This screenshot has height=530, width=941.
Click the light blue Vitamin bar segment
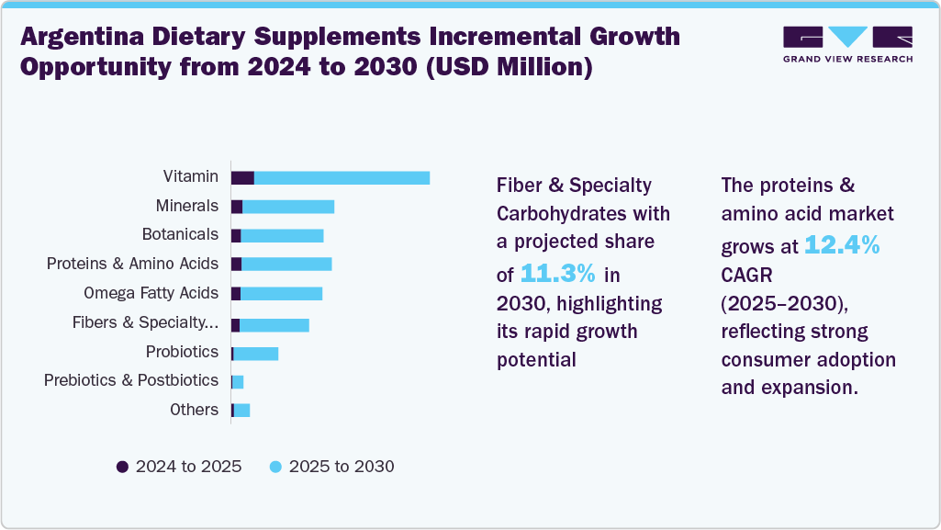[x=342, y=177]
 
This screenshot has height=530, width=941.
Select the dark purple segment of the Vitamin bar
[x=242, y=177]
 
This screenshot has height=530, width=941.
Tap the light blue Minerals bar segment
[x=288, y=207]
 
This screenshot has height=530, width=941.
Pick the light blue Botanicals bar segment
[x=282, y=236]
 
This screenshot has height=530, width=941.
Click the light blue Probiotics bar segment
[x=256, y=354]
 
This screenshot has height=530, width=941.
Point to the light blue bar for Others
[x=242, y=411]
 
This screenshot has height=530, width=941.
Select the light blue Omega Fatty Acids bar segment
[x=281, y=294]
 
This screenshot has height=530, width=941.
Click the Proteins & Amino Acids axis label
[x=132, y=264]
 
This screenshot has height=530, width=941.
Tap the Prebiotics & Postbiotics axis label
[x=131, y=380]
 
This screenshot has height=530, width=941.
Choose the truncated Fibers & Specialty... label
[x=145, y=322]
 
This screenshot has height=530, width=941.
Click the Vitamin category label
[x=191, y=176]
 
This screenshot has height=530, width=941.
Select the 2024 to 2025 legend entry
[x=179, y=467]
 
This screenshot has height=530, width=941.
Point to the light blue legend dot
[x=275, y=467]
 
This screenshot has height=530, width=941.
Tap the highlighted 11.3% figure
[x=558, y=273]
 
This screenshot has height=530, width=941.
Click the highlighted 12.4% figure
[x=843, y=244]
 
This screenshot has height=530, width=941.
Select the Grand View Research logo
[x=847, y=43]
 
